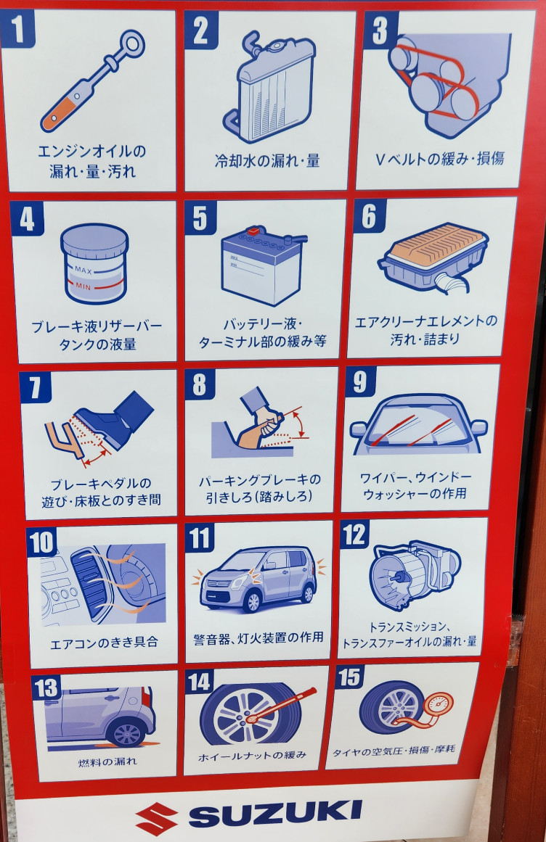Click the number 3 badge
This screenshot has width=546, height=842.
(380, 30)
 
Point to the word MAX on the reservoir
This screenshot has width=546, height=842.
(83, 270)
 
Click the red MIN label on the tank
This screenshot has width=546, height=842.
(83, 286)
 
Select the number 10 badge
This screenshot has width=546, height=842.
(42, 542)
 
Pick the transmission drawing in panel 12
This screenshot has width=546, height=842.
(415, 574)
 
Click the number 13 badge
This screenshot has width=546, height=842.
(46, 688)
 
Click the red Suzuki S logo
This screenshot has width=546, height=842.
(156, 818)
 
